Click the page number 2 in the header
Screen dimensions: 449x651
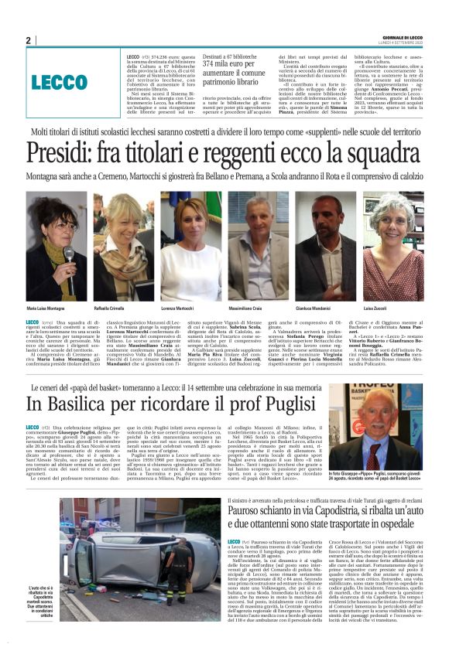(29, 39)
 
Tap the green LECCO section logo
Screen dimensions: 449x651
(60, 82)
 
